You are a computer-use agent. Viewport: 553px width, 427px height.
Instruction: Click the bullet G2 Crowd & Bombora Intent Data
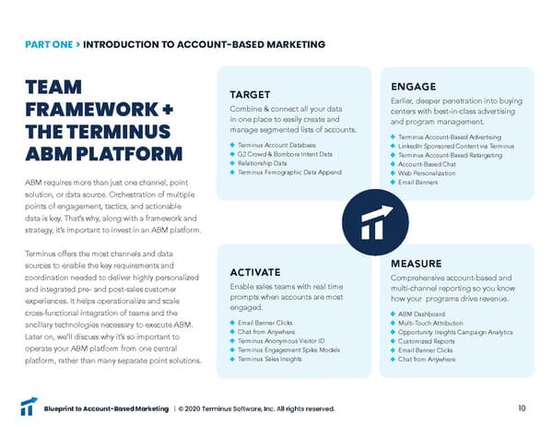coord(283,154)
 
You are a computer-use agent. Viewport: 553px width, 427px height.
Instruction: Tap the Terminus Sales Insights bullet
coord(272,359)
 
